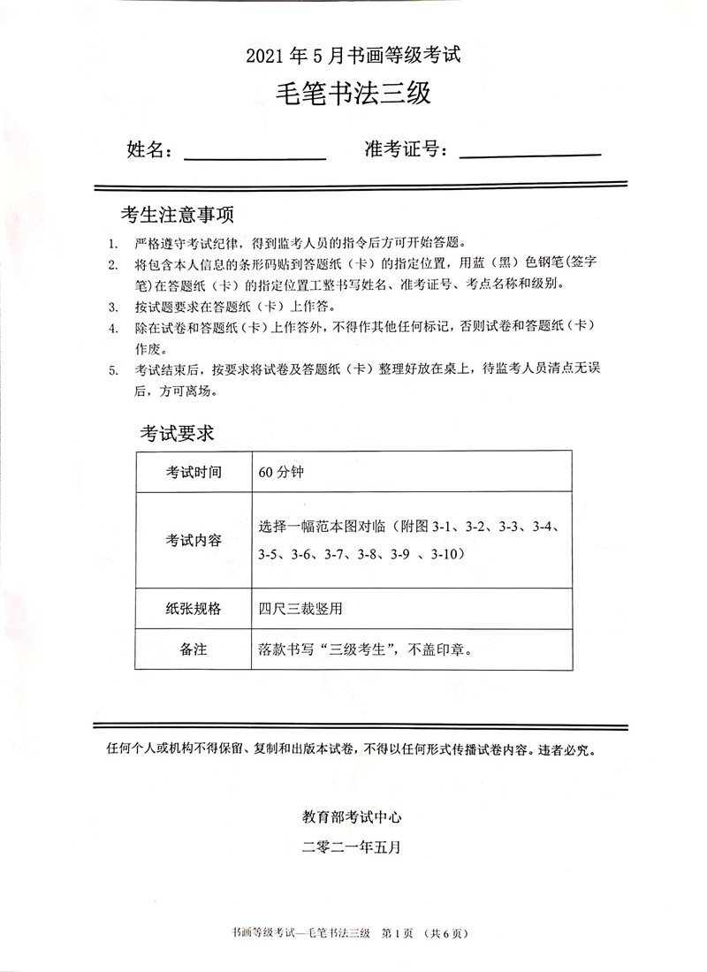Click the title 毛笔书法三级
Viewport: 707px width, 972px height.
[x=353, y=92]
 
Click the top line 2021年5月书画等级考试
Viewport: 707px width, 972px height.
[x=353, y=56]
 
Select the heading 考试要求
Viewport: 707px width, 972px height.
[x=177, y=433]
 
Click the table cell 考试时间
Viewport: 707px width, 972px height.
[x=194, y=471]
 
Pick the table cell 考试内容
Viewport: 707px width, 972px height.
[x=194, y=540]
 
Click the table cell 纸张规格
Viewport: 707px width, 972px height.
[x=194, y=609]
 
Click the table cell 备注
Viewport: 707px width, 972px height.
[x=194, y=649]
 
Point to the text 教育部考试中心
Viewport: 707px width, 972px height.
[x=353, y=817]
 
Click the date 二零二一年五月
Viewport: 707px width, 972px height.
[x=353, y=847]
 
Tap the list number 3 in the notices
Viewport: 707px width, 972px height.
[x=112, y=308]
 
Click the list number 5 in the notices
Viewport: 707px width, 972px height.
[x=112, y=370]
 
